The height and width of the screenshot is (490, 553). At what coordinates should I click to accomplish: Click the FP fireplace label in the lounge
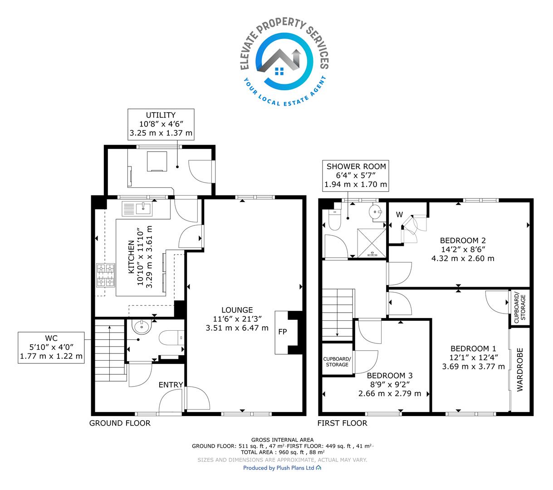(x=283, y=332)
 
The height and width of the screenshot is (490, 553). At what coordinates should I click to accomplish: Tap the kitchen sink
(x=137, y=209)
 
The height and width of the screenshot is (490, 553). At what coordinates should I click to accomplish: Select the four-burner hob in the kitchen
(x=106, y=275)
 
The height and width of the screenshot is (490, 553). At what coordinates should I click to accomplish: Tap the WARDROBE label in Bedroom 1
(x=520, y=370)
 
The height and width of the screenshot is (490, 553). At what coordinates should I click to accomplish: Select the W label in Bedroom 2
(x=399, y=215)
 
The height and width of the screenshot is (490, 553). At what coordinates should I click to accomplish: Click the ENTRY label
(x=171, y=385)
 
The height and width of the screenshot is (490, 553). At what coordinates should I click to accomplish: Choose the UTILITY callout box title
(x=161, y=115)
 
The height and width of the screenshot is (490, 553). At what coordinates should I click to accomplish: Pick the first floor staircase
(x=338, y=315)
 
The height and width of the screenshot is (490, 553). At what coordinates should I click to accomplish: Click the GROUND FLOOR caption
(x=120, y=423)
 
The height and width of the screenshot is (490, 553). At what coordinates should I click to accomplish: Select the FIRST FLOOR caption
(x=343, y=423)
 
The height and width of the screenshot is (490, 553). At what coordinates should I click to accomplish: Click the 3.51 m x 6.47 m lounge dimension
(x=237, y=328)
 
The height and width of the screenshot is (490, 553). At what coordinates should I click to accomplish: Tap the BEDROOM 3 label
(x=390, y=376)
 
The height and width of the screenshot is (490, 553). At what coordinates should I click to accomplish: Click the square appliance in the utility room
(x=157, y=162)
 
